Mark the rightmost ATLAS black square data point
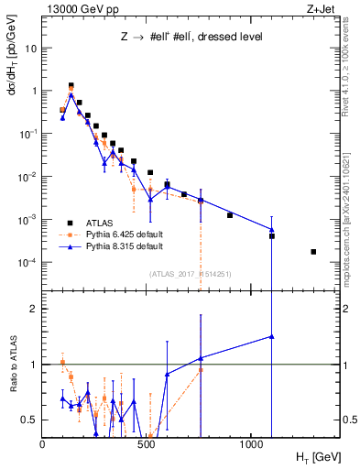[x=313, y=252]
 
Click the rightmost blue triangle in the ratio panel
[x=272, y=336]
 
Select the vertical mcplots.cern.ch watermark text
[x=353, y=220]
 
